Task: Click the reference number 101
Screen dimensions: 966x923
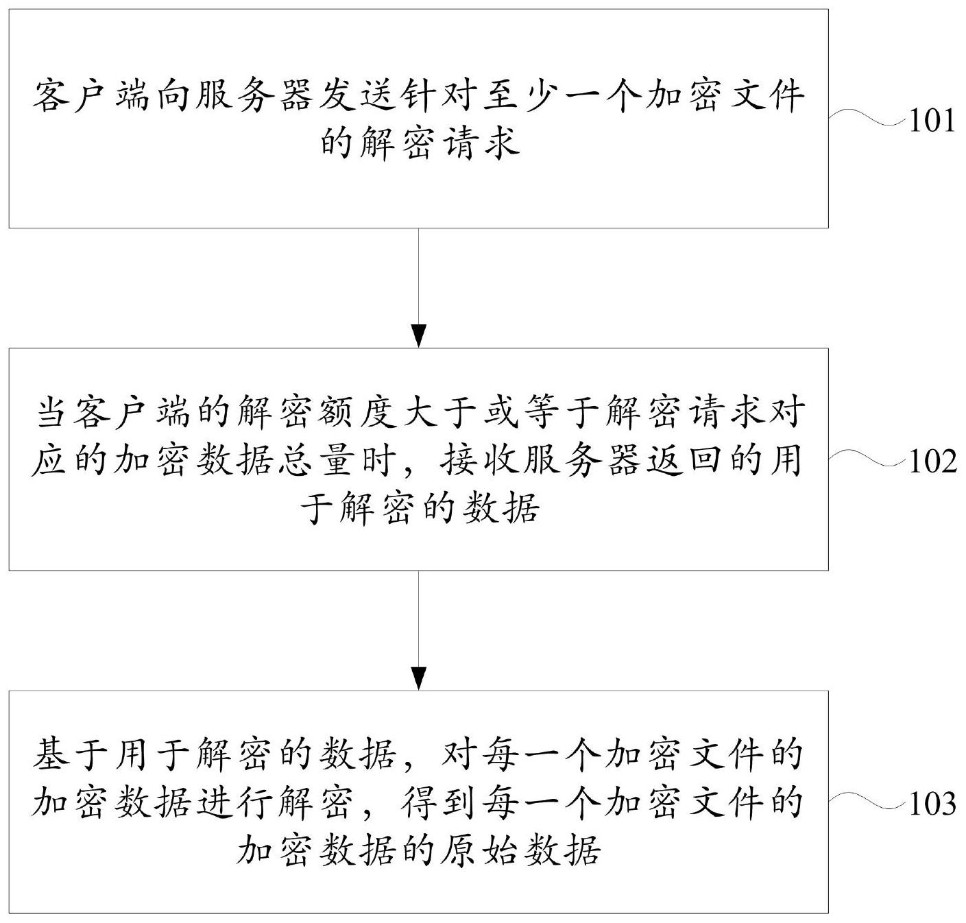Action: pyautogui.click(x=932, y=121)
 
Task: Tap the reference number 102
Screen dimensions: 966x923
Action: pyautogui.click(x=932, y=461)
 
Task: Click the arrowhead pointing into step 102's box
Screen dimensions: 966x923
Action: pyautogui.click(x=419, y=336)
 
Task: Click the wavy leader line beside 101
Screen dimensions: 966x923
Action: pyautogui.click(x=869, y=118)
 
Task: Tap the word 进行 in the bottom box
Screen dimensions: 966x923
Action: pyautogui.click(x=234, y=802)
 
